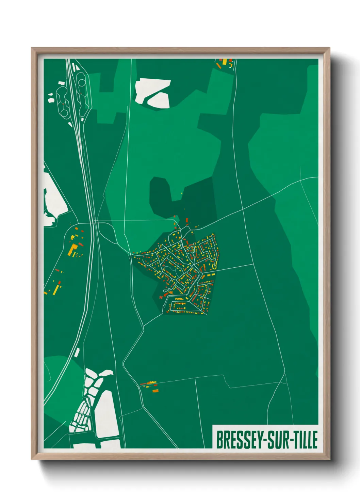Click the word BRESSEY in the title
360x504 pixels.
point(237,440)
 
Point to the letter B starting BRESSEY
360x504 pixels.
point(219,440)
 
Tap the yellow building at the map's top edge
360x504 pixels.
point(224,62)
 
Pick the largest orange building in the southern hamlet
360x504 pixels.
point(155,391)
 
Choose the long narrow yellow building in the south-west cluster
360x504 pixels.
point(56,289)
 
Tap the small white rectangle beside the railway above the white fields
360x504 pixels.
point(77,352)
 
